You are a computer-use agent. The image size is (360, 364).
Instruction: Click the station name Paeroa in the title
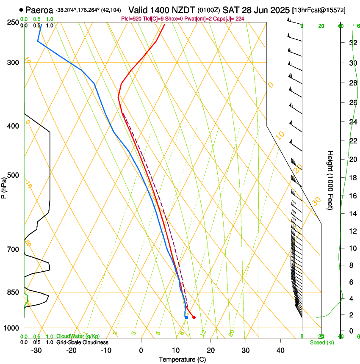tap(39, 9)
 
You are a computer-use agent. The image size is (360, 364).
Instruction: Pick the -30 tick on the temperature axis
tap(36, 350)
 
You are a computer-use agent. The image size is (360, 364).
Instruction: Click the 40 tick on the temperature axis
tap(280, 350)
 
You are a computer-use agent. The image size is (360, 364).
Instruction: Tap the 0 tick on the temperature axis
tap(141, 350)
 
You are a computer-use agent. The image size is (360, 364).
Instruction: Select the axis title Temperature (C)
tap(182, 359)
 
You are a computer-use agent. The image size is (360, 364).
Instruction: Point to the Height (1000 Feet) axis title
tap(331, 180)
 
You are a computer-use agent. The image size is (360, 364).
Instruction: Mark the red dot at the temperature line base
tap(194, 317)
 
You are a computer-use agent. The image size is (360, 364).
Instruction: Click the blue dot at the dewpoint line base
tap(186, 317)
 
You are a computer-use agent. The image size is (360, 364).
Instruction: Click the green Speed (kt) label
tap(321, 342)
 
